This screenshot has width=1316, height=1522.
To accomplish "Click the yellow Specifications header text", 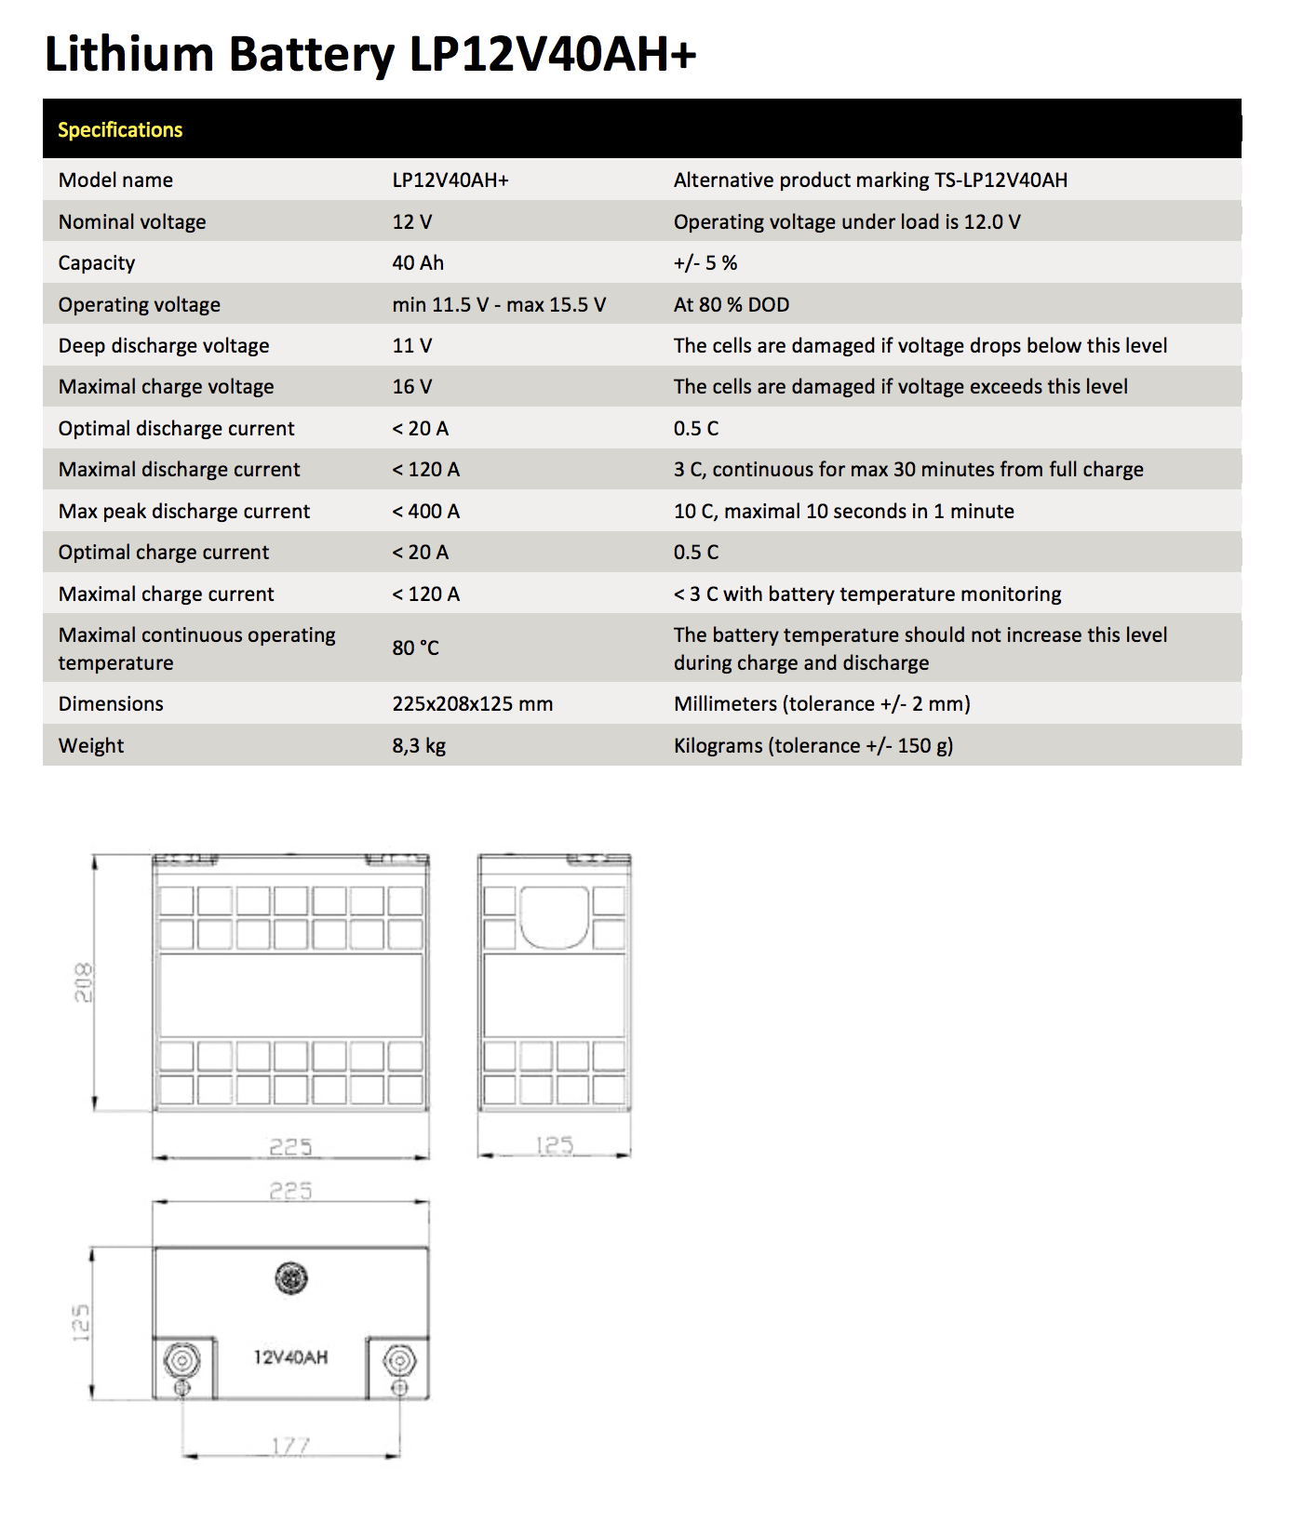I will tap(120, 130).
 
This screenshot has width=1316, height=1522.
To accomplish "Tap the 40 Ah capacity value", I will tap(418, 263).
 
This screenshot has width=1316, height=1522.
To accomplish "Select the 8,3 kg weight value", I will tap(419, 746).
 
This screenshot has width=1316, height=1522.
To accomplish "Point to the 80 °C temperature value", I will tap(415, 648).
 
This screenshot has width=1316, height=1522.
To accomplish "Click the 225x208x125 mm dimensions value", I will tap(472, 704).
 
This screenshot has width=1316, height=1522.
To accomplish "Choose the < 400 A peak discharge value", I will tap(425, 512).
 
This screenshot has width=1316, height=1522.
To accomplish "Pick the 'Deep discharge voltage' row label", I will tap(164, 346).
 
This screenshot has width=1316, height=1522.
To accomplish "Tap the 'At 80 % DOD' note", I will tap(732, 305).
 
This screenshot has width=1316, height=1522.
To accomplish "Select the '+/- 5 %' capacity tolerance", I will tap(705, 263).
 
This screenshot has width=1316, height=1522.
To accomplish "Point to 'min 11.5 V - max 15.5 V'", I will tap(499, 305).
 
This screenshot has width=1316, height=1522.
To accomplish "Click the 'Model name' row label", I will tap(115, 180).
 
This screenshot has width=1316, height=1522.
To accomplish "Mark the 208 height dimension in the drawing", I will tap(84, 982).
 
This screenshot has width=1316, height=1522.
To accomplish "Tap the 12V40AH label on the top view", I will tap(290, 1357).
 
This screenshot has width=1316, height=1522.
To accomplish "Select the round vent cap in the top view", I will tap(291, 1278).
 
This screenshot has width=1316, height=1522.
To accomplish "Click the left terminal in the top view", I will tap(181, 1361).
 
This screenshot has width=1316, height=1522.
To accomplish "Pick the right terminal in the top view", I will tap(399, 1362).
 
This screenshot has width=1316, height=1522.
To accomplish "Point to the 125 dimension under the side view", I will tap(555, 1145).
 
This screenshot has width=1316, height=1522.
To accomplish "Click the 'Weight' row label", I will tap(91, 746).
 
